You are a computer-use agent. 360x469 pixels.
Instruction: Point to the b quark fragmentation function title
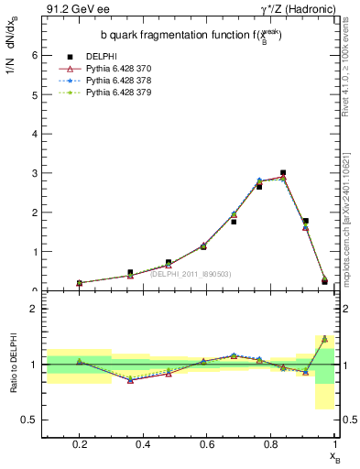pos(191,36)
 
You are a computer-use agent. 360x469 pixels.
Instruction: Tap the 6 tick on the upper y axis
pos(34,55)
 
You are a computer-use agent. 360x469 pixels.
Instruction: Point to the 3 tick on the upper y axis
pos(34,173)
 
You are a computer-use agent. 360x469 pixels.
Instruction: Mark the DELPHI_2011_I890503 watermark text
pos(190,273)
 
